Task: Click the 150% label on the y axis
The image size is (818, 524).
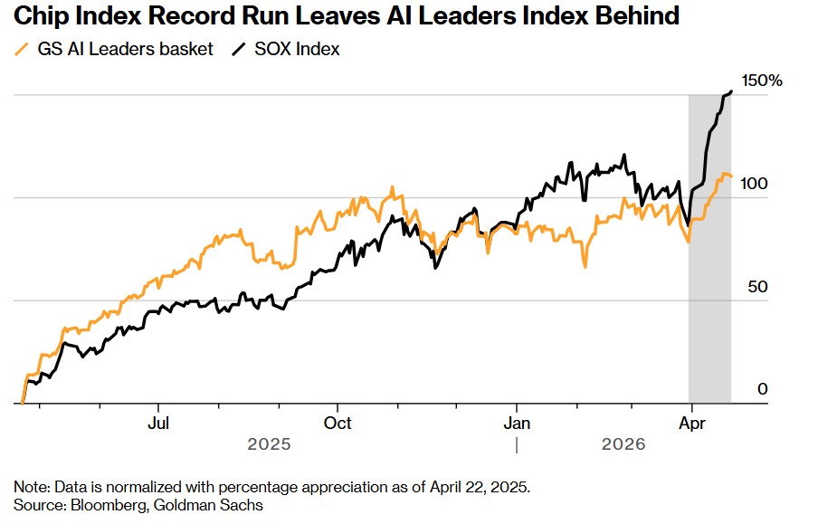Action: click(763, 81)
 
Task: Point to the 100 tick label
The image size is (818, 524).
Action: click(755, 184)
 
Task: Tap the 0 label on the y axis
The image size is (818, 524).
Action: click(762, 390)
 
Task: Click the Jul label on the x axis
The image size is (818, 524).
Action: click(159, 422)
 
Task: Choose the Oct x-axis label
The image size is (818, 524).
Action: click(338, 422)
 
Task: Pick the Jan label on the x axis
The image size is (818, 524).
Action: click(517, 422)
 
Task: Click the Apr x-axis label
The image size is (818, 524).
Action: click(692, 422)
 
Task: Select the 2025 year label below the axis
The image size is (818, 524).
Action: click(269, 444)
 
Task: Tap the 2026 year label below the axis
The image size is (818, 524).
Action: click(623, 444)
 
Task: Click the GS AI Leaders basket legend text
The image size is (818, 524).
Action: click(127, 50)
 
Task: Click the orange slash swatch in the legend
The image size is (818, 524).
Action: click(22, 50)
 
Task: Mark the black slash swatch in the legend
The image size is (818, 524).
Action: click(238, 50)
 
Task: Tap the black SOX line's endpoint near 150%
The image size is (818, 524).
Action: click(730, 91)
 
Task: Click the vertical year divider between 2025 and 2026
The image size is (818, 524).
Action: click(517, 444)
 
